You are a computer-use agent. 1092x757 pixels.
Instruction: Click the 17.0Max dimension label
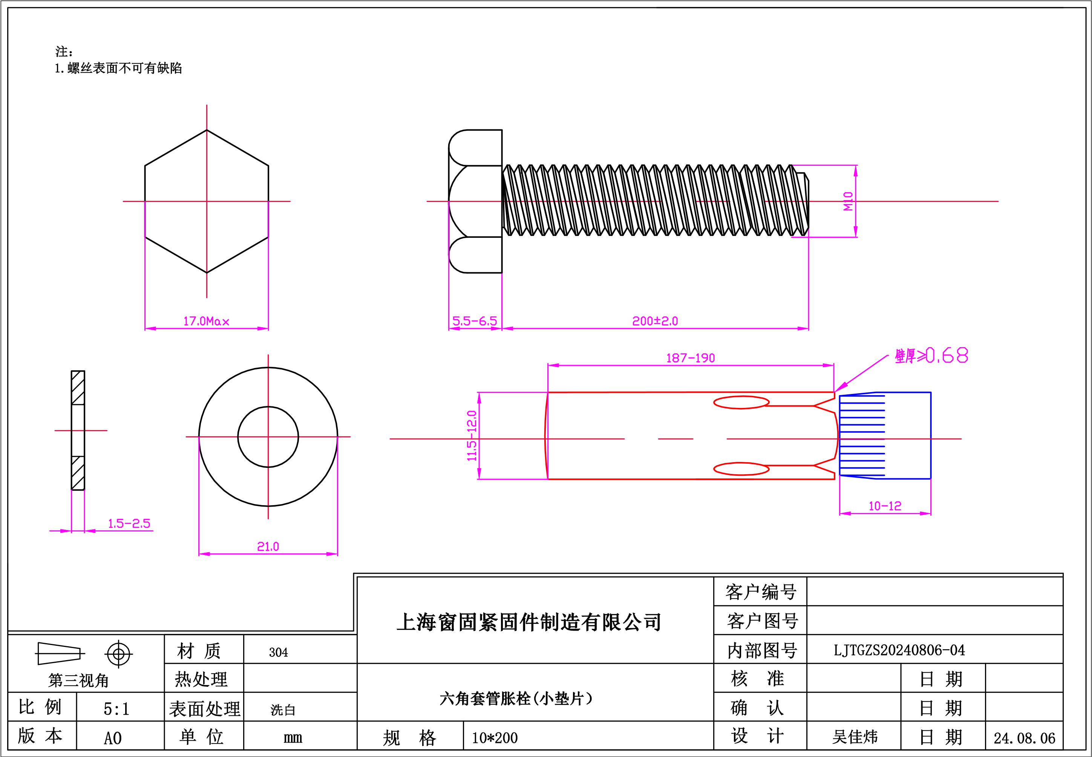click(206, 321)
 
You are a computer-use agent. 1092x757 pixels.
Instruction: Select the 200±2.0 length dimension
click(655, 321)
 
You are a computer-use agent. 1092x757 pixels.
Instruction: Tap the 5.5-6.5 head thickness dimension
click(475, 321)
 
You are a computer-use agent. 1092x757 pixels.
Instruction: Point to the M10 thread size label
click(848, 201)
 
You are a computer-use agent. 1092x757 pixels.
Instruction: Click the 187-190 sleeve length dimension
click(691, 358)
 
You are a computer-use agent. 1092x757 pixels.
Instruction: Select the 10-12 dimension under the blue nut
click(885, 506)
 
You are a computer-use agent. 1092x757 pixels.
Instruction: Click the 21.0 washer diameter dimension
click(268, 546)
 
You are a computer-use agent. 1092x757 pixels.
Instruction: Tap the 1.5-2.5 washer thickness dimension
click(129, 524)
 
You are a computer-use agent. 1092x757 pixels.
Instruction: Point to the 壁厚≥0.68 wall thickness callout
click(931, 355)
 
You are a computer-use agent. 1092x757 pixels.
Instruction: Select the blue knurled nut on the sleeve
click(885, 435)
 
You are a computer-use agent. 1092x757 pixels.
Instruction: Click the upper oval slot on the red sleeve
click(741, 402)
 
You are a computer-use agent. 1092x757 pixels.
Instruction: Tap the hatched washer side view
click(78, 430)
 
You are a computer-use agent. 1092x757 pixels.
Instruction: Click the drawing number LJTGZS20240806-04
click(899, 650)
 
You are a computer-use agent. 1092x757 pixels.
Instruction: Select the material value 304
click(278, 653)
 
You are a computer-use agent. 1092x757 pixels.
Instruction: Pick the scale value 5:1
click(116, 709)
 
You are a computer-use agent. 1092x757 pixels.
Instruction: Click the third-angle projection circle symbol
click(118, 654)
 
